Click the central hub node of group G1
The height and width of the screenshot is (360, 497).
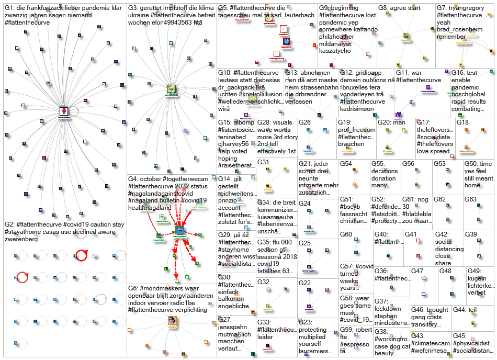pos(64,111)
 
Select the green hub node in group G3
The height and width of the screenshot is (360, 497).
pos(171,89)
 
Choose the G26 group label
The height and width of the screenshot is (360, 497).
pos(304,122)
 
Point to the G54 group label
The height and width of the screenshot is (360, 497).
pos(346,164)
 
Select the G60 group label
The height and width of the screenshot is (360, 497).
pos(346,234)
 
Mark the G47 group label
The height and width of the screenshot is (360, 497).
pos(417,271)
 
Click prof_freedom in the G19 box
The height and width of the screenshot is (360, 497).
pos(356,130)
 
